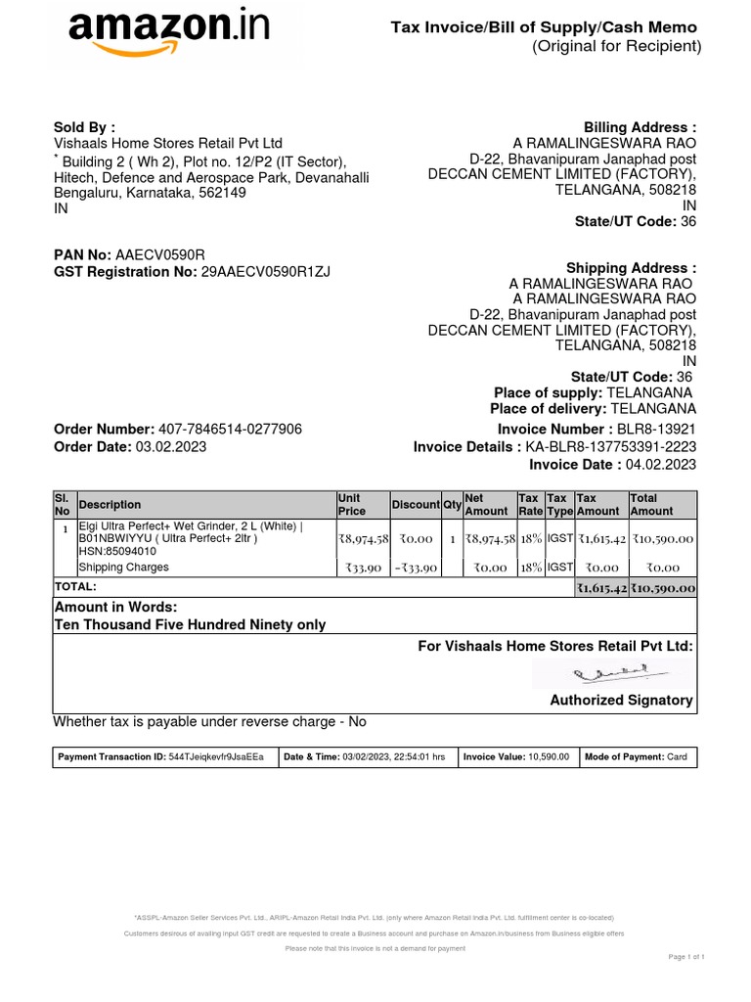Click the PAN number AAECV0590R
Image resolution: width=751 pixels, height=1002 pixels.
[160, 254]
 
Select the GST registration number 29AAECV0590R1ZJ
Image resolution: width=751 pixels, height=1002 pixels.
[266, 271]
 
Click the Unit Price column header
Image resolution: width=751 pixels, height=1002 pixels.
[351, 505]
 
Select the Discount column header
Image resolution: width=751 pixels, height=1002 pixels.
[416, 505]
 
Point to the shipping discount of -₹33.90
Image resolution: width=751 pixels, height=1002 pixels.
[416, 568]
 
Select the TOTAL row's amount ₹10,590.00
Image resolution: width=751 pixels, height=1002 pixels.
[662, 588]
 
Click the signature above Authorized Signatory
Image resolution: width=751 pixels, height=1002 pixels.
[613, 673]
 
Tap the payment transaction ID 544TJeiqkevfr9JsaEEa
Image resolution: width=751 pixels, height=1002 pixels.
[215, 757]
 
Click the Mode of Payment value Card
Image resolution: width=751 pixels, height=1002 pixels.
[677, 757]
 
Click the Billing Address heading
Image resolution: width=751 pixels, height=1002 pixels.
[640, 127]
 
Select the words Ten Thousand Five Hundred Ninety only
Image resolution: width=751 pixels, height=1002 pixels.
[190, 624]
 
